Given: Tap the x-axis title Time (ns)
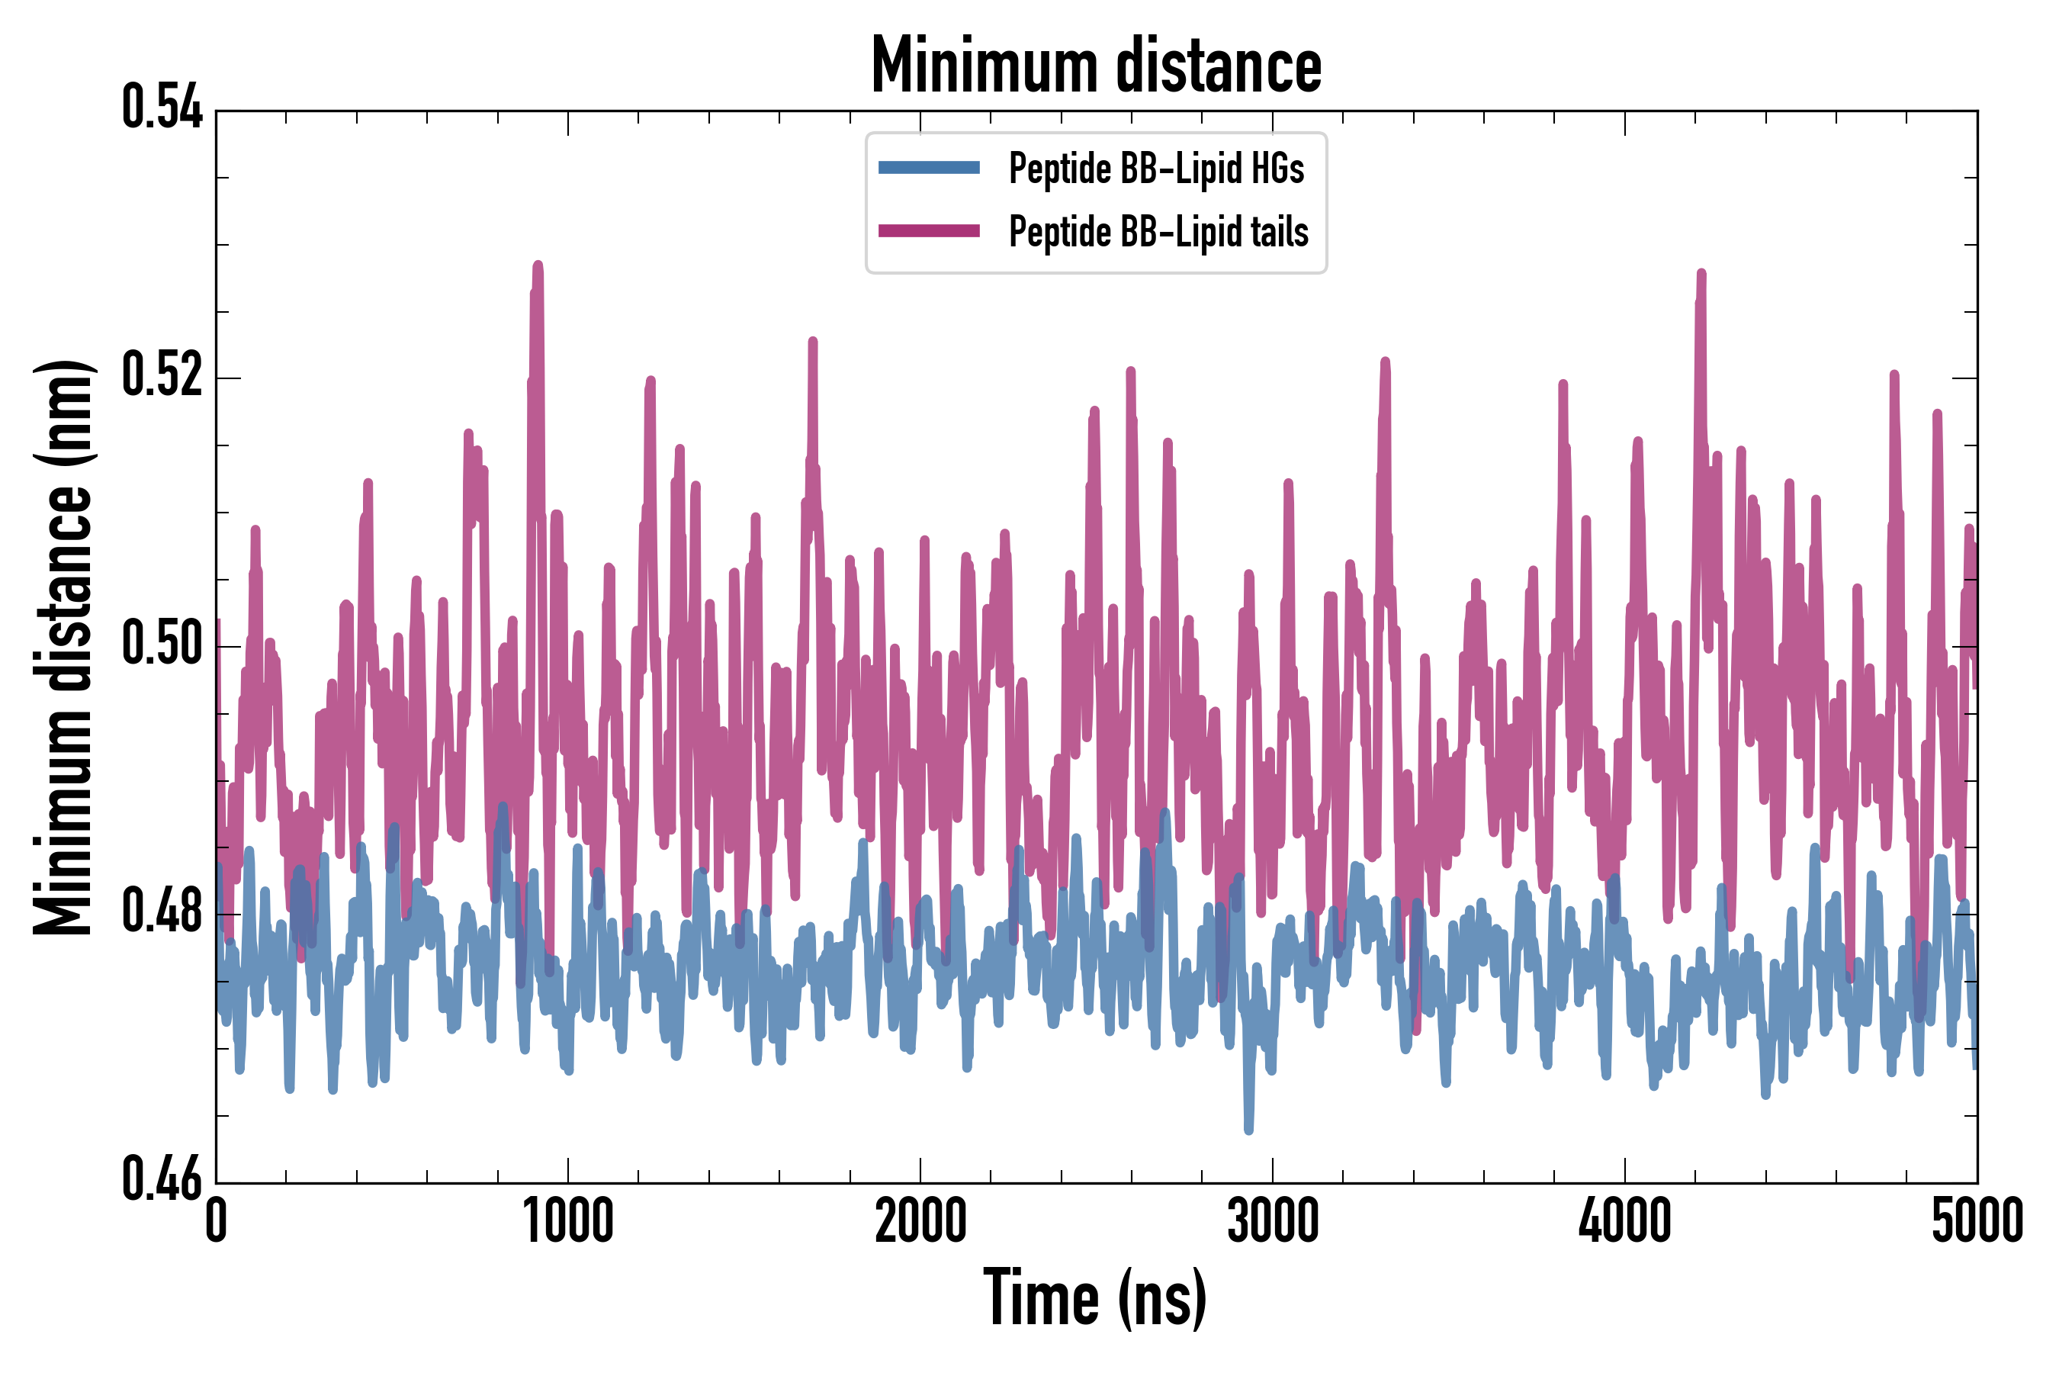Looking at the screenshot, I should pos(1095,1297).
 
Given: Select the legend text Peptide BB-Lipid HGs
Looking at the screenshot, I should pos(1156,168).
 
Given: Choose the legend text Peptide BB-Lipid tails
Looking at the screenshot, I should pos(1158,231).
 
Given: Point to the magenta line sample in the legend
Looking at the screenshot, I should pos(929,231).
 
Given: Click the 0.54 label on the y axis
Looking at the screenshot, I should pos(162,108).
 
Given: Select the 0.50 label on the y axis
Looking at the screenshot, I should pos(162,644).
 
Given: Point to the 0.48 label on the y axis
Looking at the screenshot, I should pos(162,912).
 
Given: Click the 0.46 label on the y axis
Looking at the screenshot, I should pos(162,1179).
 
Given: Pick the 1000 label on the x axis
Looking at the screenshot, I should pos(568,1221).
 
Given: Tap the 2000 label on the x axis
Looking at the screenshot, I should pos(920,1221).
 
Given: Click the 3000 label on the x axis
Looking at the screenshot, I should pos(1273,1221).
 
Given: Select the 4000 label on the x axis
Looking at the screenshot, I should pos(1625,1221).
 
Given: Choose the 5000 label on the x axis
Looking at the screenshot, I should pos(1977,1221).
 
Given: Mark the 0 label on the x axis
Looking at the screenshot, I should pos(217,1221).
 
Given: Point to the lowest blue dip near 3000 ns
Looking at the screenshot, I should pos(1248,1130).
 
